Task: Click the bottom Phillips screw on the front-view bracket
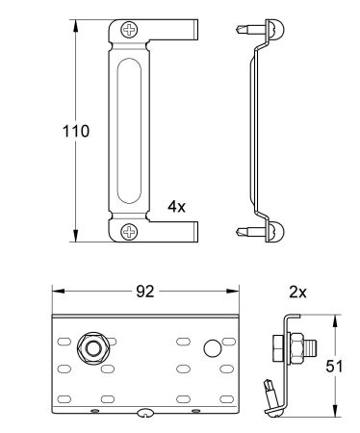pos(130,230)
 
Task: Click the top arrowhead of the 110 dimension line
pos(75,21)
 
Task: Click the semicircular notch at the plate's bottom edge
pos(145,415)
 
